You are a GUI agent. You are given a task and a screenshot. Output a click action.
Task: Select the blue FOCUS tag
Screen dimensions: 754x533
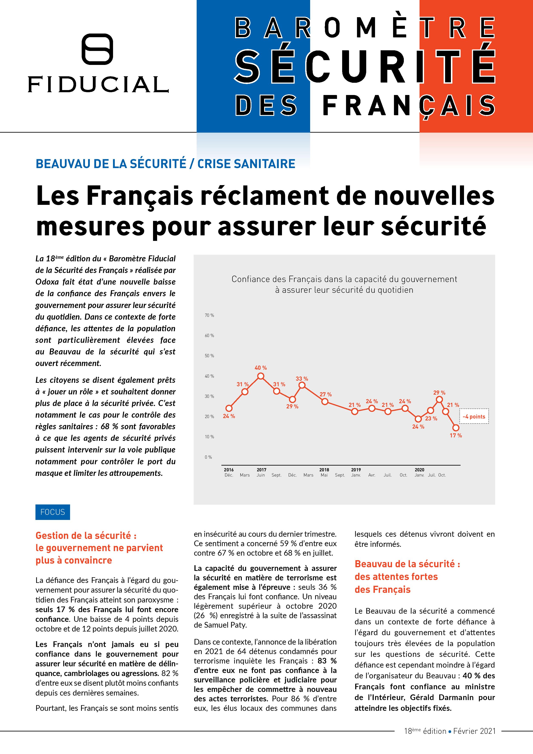coord(52,512)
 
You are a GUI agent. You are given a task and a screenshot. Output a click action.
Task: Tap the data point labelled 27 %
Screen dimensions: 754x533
coord(325,401)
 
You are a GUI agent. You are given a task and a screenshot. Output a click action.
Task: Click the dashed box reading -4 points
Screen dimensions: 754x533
coord(474,416)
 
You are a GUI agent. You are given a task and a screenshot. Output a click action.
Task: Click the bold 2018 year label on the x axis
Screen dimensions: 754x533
coord(324,470)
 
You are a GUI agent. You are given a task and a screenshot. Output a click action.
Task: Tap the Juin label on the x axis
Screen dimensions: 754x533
coord(261,475)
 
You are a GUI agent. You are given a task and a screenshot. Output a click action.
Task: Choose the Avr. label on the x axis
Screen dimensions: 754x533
coord(372,475)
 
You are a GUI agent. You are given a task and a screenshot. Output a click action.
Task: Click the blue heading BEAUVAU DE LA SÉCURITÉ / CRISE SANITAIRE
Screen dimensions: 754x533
coord(165,164)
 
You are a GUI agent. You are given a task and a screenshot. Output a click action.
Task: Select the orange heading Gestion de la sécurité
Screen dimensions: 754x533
coord(86,536)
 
